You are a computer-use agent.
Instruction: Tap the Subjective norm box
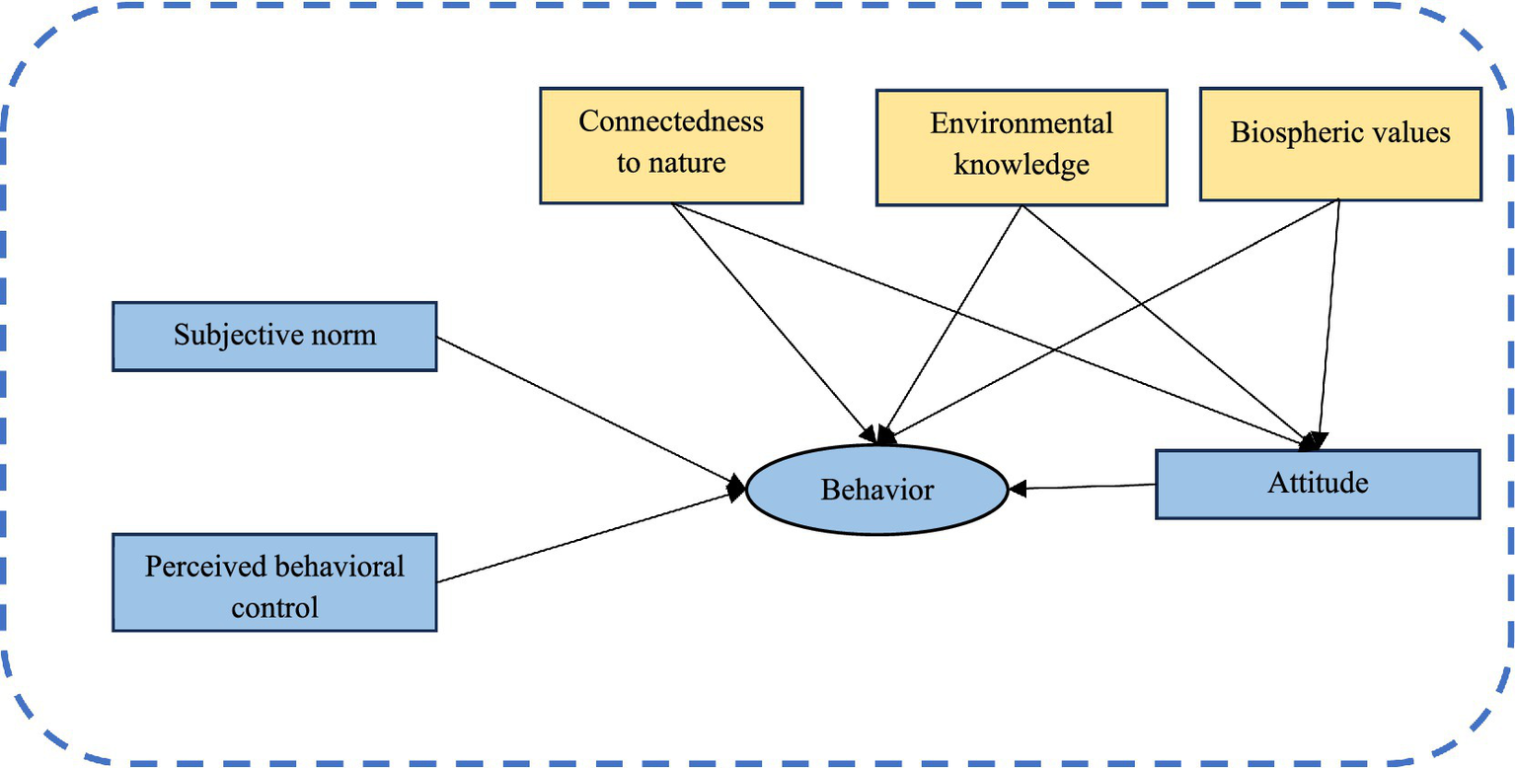[x=274, y=336]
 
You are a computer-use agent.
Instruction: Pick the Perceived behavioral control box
[x=274, y=582]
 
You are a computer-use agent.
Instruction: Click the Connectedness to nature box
[x=671, y=145]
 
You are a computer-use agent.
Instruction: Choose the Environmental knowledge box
[x=1022, y=145]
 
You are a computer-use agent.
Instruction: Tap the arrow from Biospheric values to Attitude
[x=1328, y=316]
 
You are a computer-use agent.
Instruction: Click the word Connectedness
[x=671, y=122]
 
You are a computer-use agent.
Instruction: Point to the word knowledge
[x=1022, y=165]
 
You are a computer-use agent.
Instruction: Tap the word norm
[x=346, y=336]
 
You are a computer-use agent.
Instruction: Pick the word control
[x=274, y=606]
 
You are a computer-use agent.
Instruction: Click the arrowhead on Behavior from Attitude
[x=1017, y=488]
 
